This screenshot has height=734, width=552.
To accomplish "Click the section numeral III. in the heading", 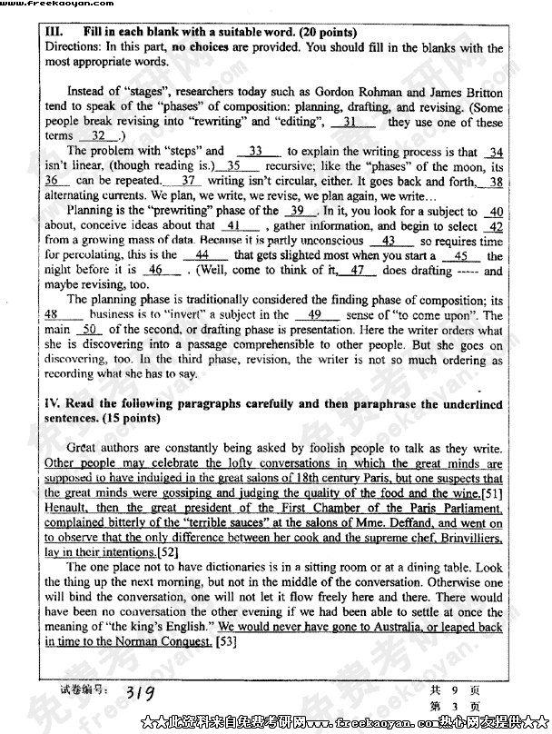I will coord(54,33).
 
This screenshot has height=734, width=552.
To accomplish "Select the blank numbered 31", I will coord(350,122).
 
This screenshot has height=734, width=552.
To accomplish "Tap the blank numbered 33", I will coord(255,151).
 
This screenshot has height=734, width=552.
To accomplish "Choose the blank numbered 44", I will coord(202,255).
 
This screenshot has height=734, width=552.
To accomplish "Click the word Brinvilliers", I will coord(468,538).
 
